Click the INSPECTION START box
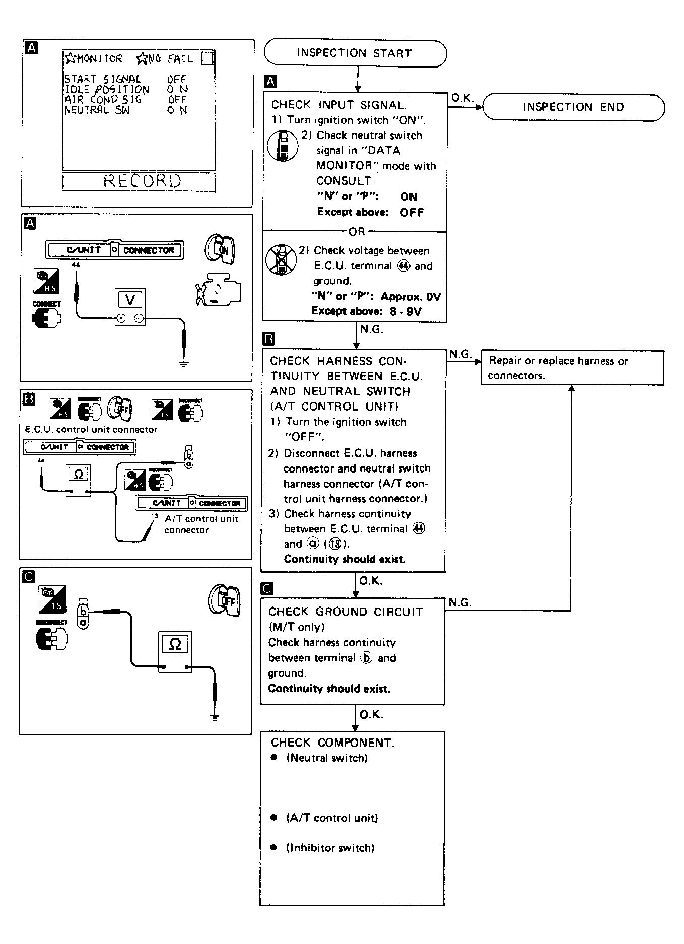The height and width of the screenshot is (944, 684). [355, 53]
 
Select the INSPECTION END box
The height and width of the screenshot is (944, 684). [573, 107]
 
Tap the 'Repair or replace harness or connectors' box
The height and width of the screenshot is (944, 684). [572, 368]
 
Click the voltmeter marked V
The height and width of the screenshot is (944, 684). [130, 307]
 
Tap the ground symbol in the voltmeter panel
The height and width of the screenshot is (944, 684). [185, 363]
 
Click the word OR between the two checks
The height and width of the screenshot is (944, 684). [356, 232]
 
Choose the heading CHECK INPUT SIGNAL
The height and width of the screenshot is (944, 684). [339, 105]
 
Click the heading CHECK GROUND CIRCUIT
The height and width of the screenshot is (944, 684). [345, 612]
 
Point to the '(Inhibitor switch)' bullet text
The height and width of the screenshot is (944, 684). [330, 848]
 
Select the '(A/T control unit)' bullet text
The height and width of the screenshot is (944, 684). [331, 818]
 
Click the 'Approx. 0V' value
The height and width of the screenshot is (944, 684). [410, 297]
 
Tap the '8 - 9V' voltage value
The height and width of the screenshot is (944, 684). [405, 311]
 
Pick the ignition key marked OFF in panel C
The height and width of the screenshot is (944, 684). [225, 600]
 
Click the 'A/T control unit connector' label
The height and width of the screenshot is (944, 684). [201, 524]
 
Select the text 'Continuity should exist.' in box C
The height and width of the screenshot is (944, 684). [329, 689]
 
